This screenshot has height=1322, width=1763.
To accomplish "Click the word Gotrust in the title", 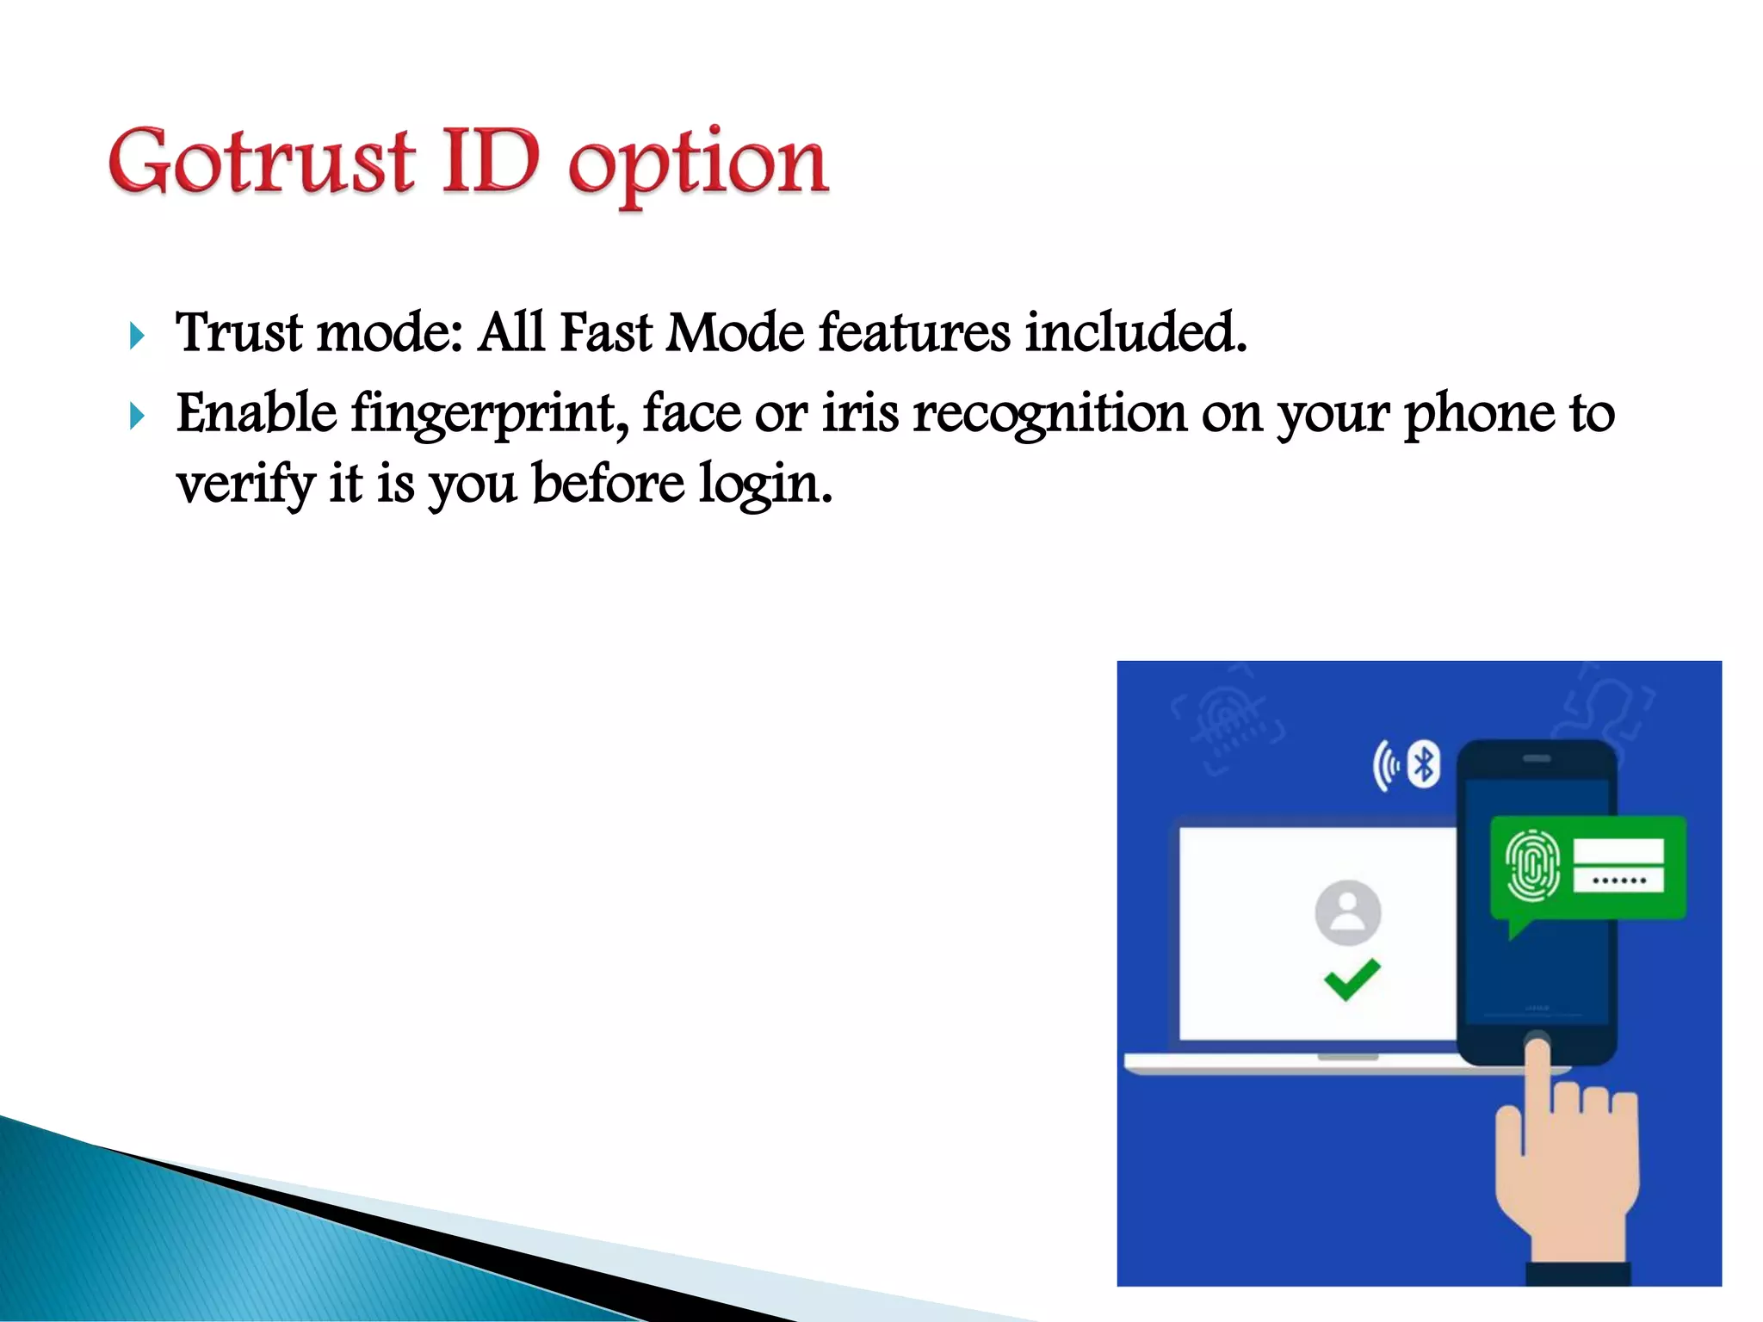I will (x=262, y=161).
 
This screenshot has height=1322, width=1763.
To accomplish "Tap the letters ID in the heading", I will (x=491, y=161).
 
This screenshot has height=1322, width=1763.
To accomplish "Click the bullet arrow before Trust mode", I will (x=136, y=336).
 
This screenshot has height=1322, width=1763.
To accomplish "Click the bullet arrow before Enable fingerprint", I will (x=136, y=417).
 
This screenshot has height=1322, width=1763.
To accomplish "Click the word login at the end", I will (x=764, y=485).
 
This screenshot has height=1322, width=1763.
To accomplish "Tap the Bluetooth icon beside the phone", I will (x=1424, y=763).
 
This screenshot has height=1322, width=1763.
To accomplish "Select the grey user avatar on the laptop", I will (x=1348, y=912).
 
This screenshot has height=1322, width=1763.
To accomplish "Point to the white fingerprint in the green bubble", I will (x=1532, y=866).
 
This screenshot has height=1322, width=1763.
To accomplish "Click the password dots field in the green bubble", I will (x=1618, y=880).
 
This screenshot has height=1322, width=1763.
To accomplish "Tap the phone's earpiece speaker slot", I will (x=1537, y=758).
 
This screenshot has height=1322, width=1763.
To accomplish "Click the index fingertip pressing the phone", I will (x=1537, y=1048).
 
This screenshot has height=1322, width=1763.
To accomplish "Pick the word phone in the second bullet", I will (x=1479, y=415).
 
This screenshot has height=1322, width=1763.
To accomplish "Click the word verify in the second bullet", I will (x=246, y=485).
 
